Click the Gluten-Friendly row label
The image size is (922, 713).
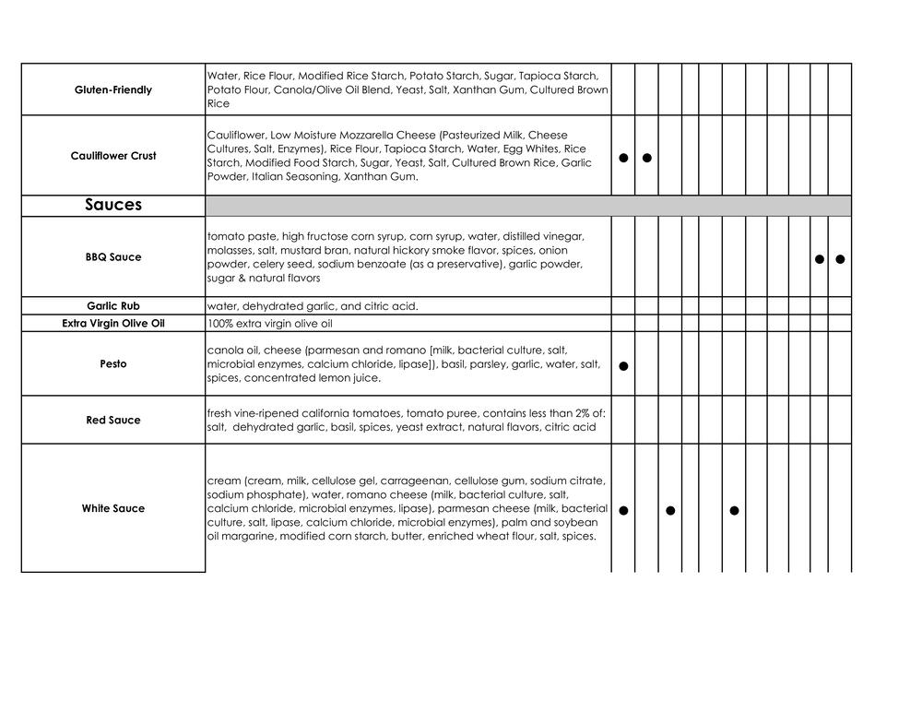pos(113,89)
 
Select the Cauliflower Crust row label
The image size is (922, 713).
pos(113,156)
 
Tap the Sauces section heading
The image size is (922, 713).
pos(113,205)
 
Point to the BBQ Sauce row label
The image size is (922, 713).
pos(113,257)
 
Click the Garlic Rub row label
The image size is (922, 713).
pos(113,305)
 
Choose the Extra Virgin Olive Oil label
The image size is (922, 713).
pos(113,324)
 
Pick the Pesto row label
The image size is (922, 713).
pos(113,363)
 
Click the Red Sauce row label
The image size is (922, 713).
pos(113,420)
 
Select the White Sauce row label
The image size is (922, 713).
pos(113,508)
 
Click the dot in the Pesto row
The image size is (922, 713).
pos(623,366)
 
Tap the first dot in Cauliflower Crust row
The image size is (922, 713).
pos(623,158)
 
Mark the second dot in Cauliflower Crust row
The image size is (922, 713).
pos(647,158)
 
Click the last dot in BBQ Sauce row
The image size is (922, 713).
pos(840,259)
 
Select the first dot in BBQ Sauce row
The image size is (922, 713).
pos(820,259)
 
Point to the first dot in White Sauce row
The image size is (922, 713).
pos(623,510)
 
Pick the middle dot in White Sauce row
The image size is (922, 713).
pos(670,510)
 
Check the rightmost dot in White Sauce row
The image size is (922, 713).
pos(734,510)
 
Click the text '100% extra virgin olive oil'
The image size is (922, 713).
pos(269,324)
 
